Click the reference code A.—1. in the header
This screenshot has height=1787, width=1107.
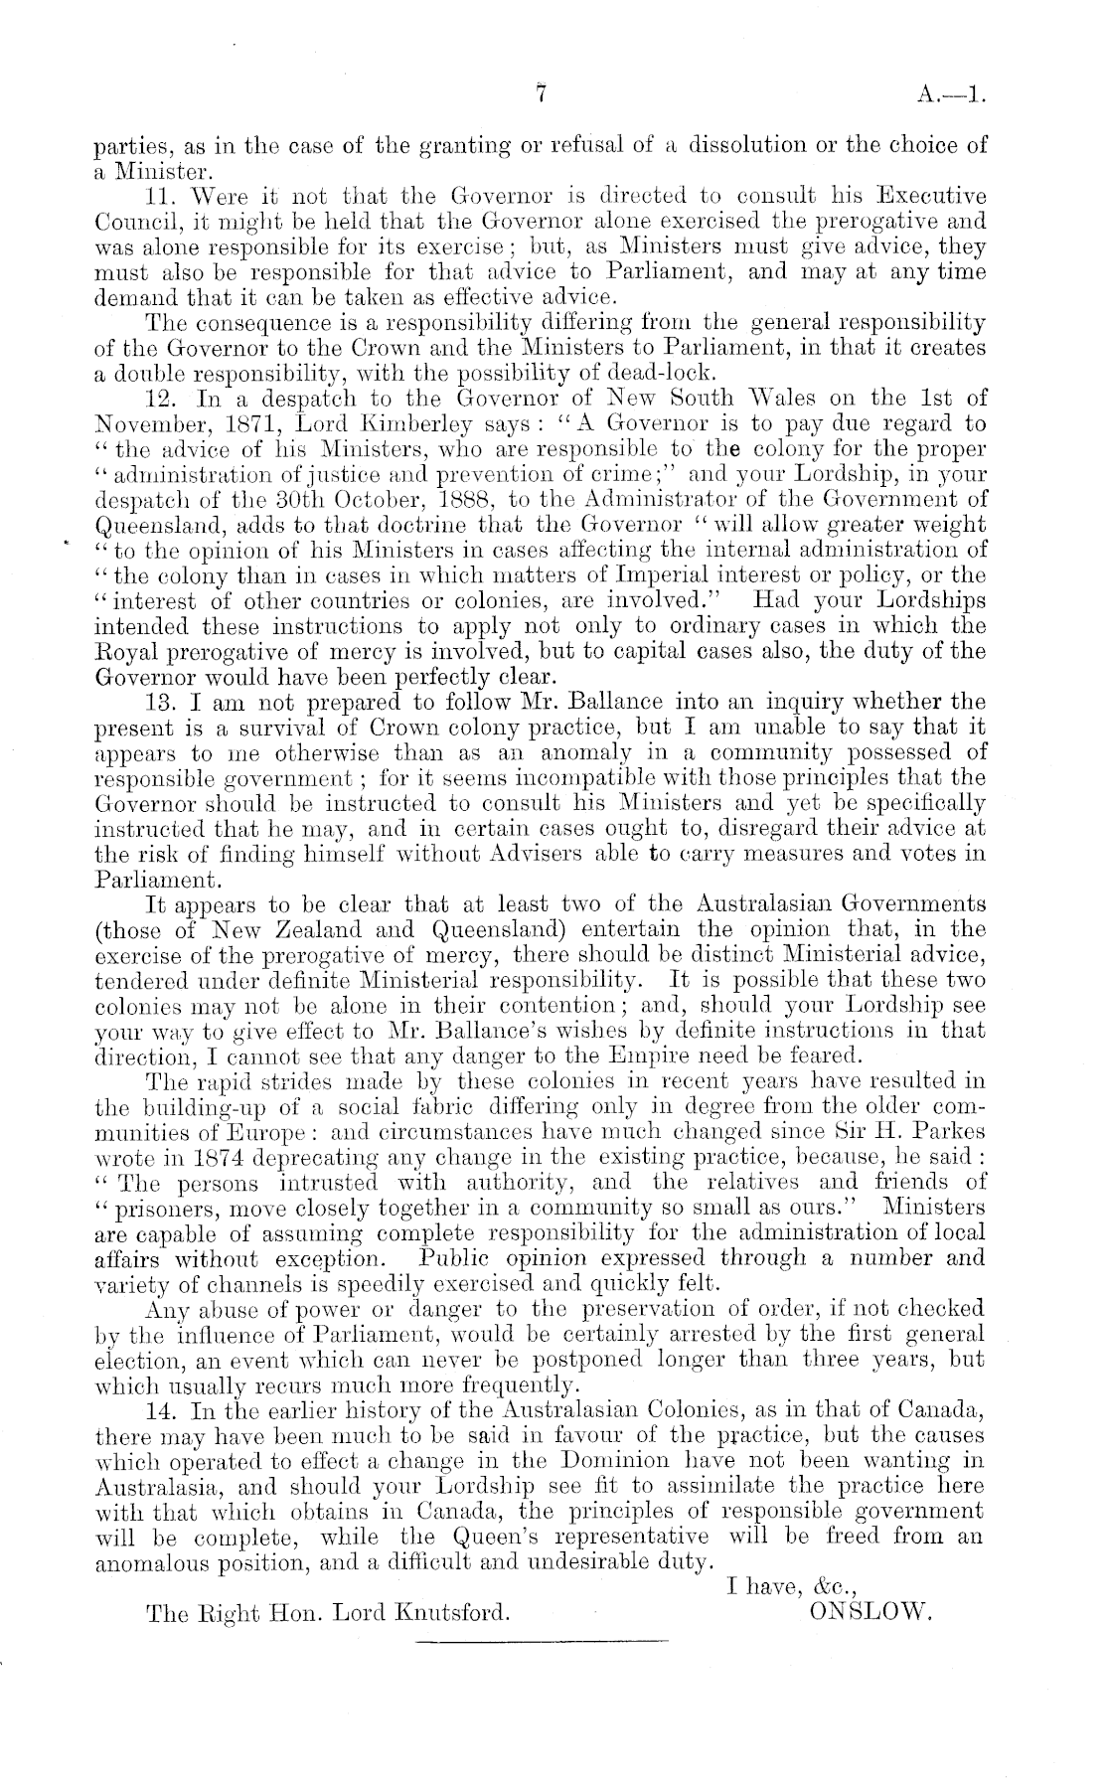click(x=952, y=96)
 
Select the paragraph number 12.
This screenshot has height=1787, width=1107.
click(x=160, y=398)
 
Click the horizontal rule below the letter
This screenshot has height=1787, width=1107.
click(x=538, y=1641)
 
